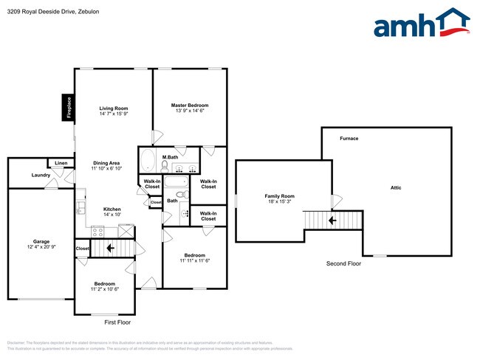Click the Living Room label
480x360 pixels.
tap(114, 108)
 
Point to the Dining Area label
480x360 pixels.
tap(106, 162)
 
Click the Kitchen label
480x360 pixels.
tap(112, 209)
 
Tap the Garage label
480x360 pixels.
tap(41, 241)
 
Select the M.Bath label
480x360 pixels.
tap(170, 157)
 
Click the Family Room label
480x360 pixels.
tap(279, 196)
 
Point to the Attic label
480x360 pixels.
tap(396, 188)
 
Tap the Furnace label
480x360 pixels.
tap(349, 139)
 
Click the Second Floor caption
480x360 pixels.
tap(344, 263)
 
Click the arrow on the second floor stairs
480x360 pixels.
tap(332, 220)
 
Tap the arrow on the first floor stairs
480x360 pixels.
tap(110, 249)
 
